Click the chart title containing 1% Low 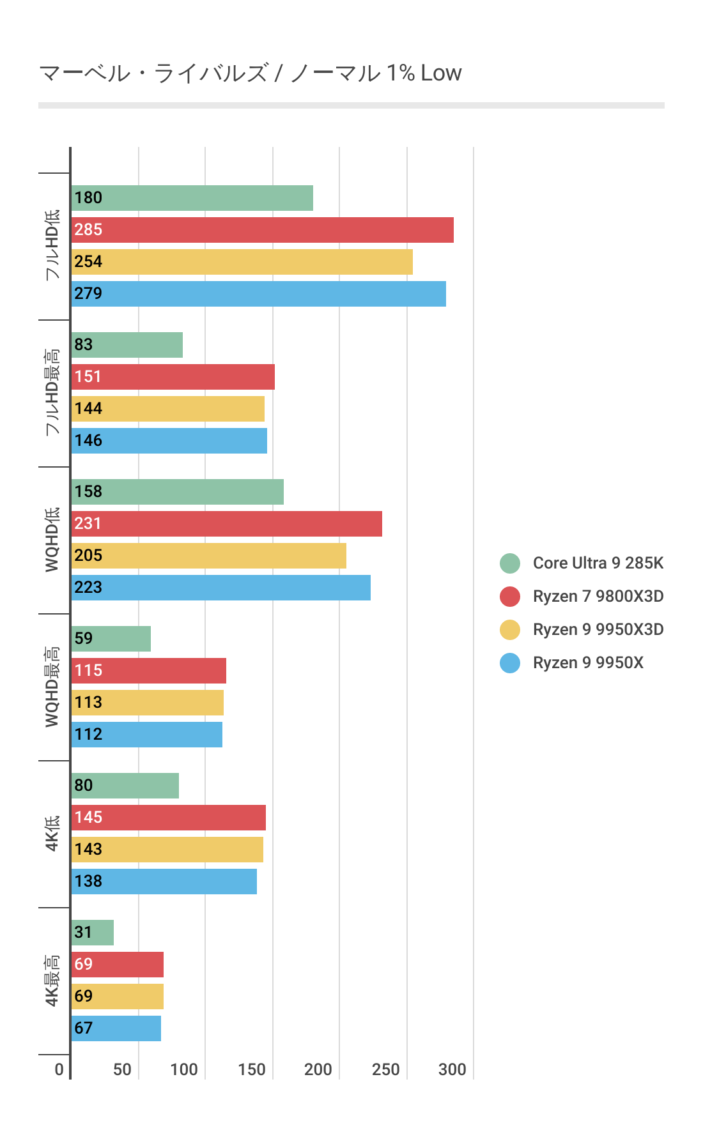250,73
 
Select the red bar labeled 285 262,230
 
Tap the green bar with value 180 192,198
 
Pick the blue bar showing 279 258,294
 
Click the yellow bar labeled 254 242,262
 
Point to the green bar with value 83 127,345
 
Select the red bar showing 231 226,524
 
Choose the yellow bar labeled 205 208,556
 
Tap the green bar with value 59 111,639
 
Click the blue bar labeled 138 164,882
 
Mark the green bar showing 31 92,933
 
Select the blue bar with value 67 116,1028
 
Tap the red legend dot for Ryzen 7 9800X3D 510,597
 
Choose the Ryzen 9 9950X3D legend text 598,630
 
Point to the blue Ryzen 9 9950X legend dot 510,663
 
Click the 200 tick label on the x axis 318,1069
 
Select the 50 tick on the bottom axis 122,1069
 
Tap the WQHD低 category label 52,540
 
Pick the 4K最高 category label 52,981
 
